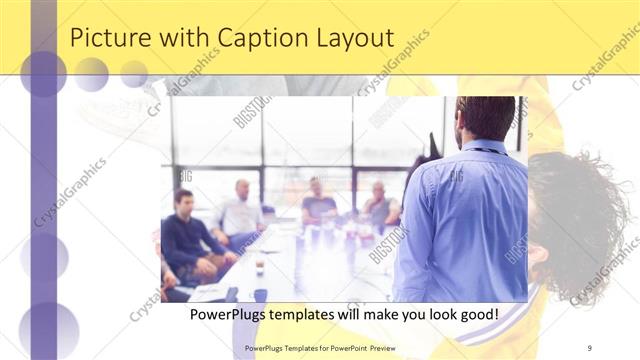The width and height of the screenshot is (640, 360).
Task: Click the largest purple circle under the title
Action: click(43, 74)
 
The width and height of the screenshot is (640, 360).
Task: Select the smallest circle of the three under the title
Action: click(134, 73)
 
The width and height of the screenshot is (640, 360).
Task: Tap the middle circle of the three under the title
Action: click(92, 74)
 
